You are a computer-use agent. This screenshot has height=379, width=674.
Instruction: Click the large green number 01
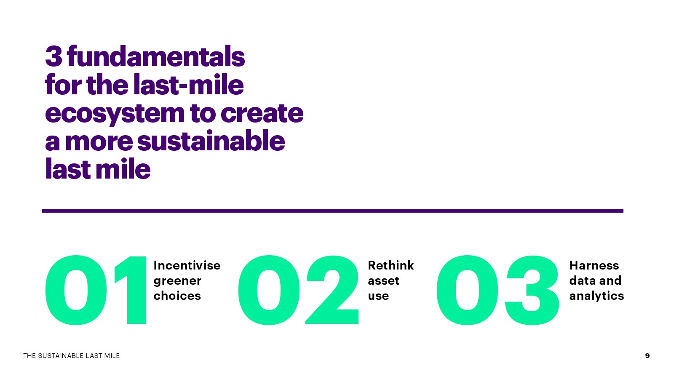[x=96, y=290]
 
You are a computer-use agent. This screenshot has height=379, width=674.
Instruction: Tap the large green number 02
[x=298, y=290]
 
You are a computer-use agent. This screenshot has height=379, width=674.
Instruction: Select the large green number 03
[x=497, y=290]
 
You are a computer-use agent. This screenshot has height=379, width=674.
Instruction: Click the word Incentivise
[x=187, y=265]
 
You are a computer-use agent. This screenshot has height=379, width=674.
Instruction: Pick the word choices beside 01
[x=177, y=296]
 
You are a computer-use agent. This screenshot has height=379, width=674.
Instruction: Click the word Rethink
[x=390, y=265]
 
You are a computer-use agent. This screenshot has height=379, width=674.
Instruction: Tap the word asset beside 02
[x=383, y=281]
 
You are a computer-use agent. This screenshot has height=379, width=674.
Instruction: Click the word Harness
[x=594, y=265]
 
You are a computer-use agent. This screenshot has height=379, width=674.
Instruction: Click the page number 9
[x=647, y=355]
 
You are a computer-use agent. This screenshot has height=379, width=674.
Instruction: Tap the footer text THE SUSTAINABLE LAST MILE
[x=71, y=356]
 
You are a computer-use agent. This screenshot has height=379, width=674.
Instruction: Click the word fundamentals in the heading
[x=156, y=56]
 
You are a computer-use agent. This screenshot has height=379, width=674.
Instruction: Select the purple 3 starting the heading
[x=53, y=56]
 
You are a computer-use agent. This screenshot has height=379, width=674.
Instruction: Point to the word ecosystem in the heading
[x=115, y=114]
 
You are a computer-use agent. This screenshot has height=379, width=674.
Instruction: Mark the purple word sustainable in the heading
[x=211, y=141]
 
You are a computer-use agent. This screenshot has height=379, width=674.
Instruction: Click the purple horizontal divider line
[x=332, y=211]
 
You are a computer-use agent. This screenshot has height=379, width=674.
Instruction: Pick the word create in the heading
[x=262, y=113]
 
